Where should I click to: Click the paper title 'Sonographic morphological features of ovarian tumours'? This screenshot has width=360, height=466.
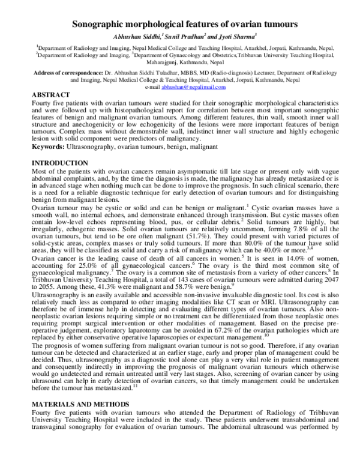pyautogui.click(x=181, y=25)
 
